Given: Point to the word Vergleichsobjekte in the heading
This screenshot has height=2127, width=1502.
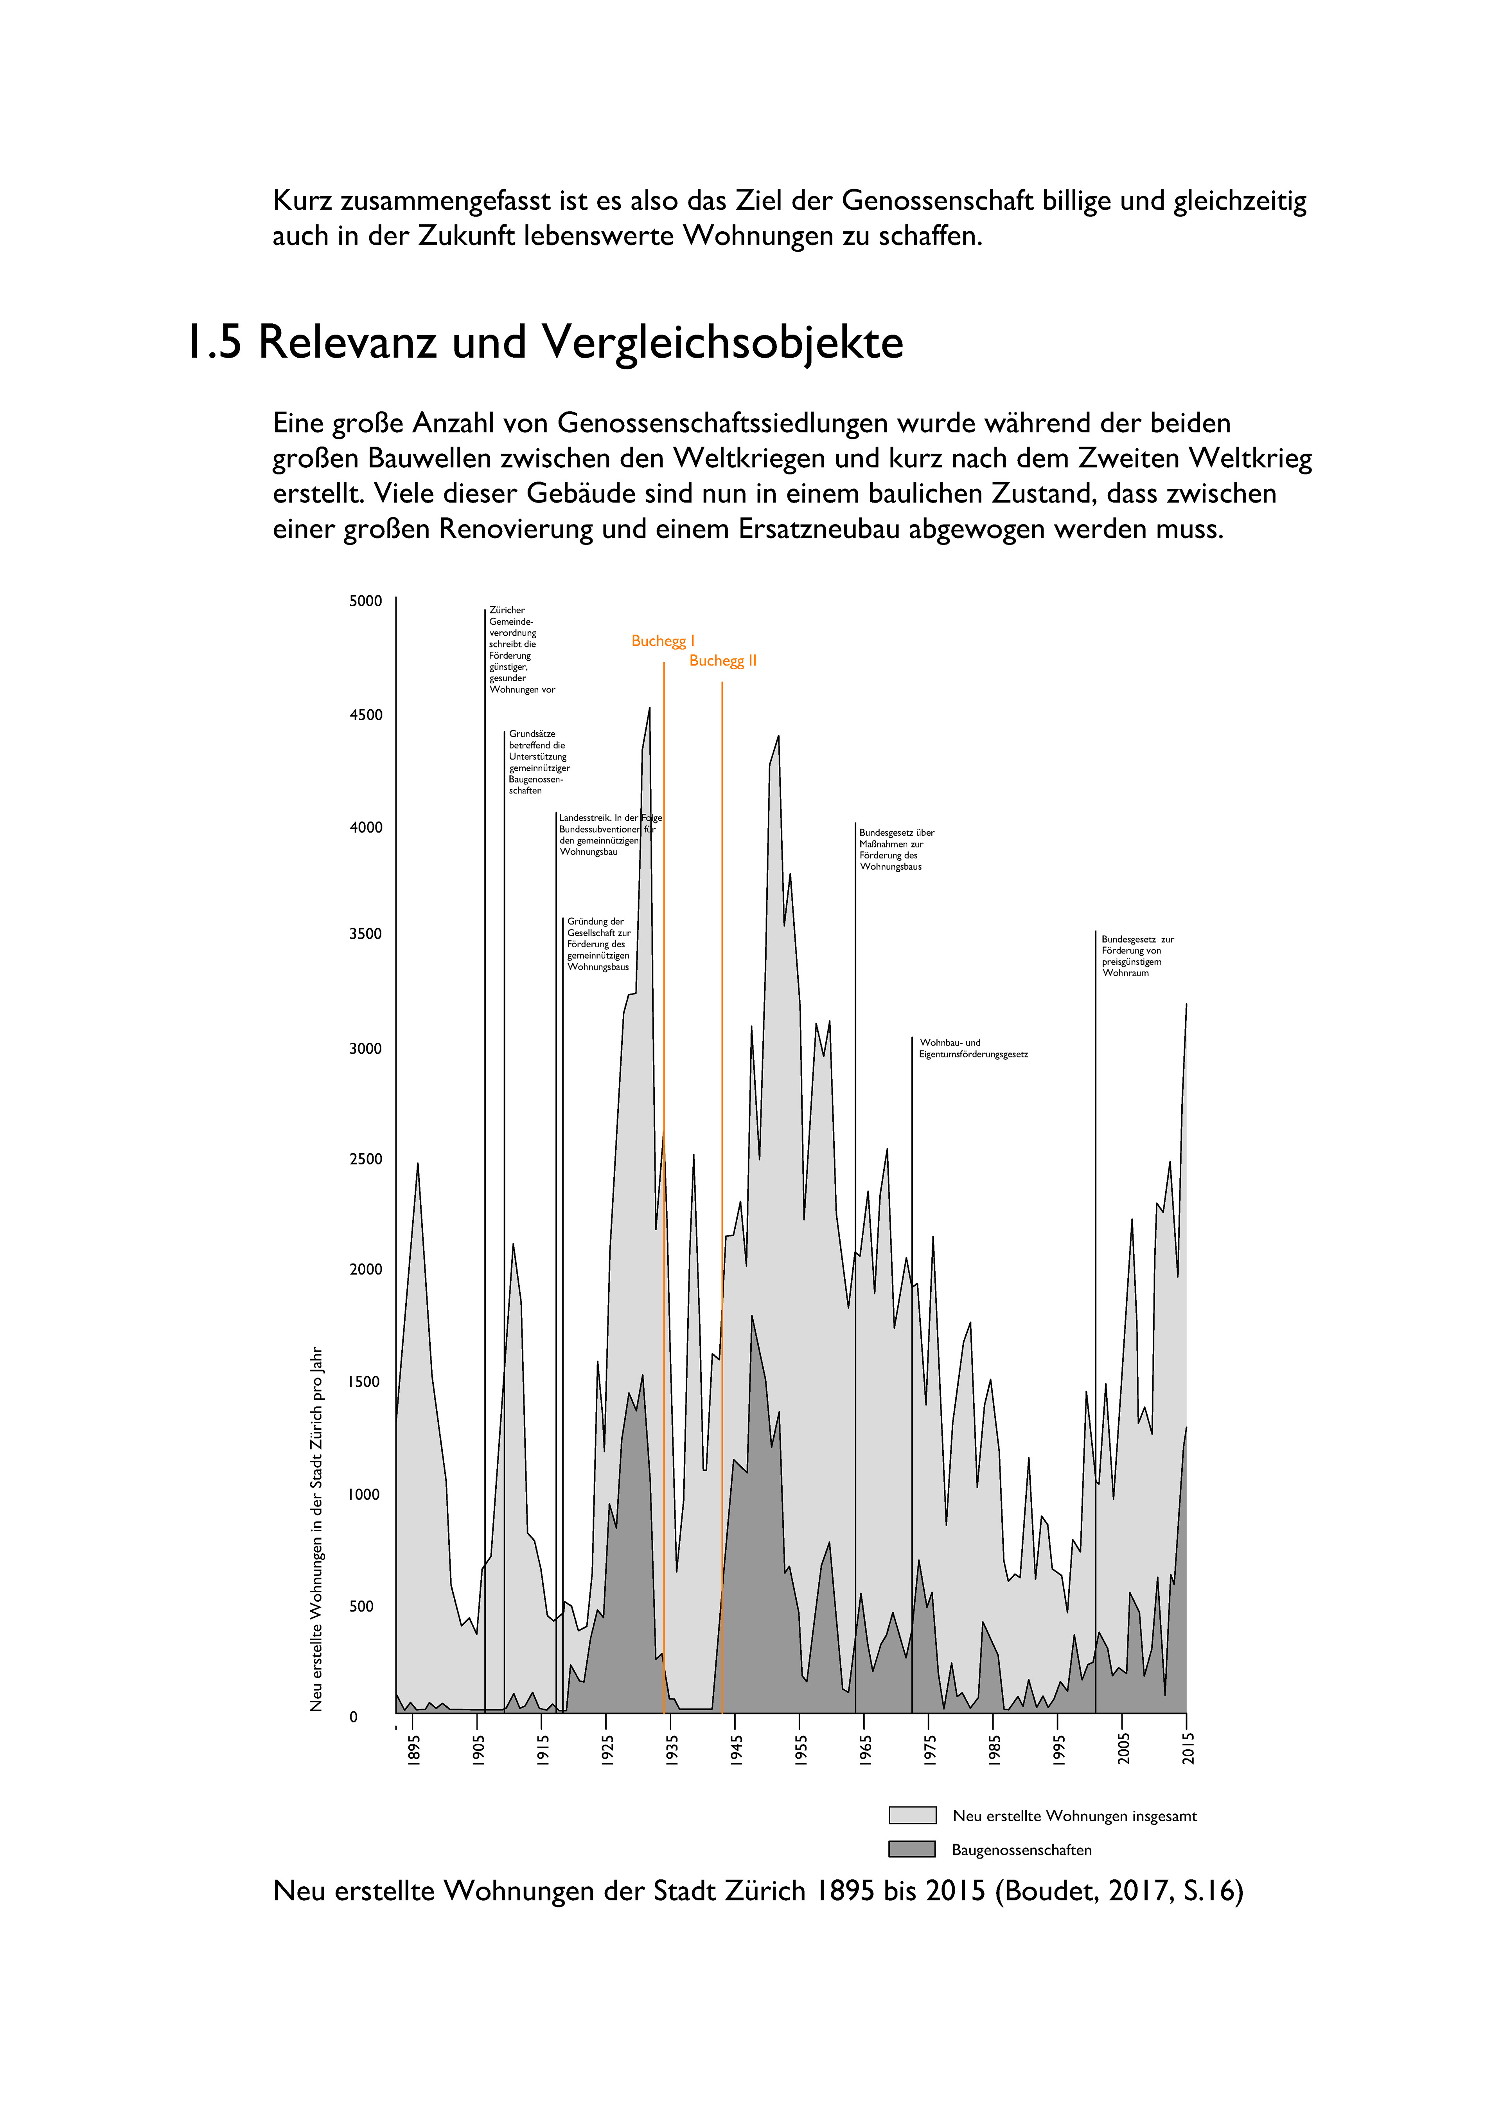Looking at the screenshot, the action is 722,344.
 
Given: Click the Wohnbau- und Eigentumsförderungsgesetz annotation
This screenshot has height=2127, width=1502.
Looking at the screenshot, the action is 973,1049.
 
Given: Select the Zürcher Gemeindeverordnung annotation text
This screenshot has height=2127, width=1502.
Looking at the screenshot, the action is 521,649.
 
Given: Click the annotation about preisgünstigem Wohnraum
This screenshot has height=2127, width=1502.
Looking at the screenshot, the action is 1137,956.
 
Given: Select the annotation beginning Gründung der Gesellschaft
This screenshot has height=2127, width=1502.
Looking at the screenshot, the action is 598,944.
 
